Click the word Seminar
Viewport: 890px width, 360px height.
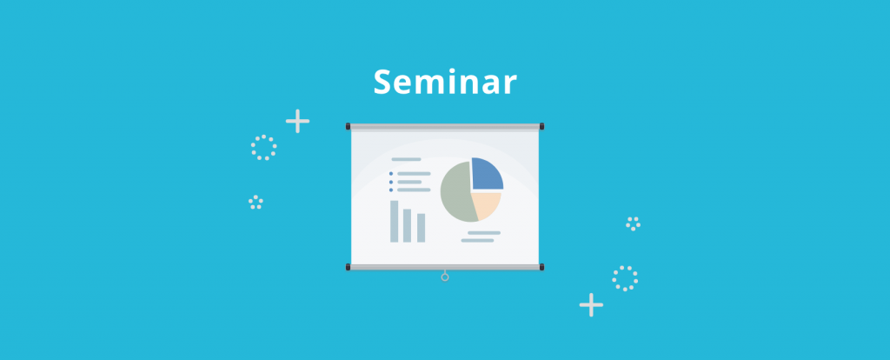(445, 82)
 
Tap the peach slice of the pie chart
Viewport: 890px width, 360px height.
(485, 204)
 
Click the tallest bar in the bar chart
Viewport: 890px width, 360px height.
(394, 222)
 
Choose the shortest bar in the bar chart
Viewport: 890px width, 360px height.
(422, 228)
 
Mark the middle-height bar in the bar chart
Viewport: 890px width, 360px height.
(407, 225)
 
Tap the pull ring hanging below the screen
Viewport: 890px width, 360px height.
(445, 277)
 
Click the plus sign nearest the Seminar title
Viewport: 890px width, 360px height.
(297, 121)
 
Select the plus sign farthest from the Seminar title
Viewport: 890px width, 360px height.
(591, 305)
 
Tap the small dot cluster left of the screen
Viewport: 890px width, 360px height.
(256, 202)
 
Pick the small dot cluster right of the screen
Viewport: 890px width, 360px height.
(634, 223)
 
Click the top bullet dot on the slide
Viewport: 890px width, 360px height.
(391, 174)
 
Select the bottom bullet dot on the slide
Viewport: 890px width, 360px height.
(391, 190)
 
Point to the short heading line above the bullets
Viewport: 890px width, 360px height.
(406, 159)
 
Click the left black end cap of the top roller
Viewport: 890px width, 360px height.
(348, 126)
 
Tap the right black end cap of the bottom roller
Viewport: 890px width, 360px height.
(541, 267)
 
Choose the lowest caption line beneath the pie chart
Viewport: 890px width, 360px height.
(477, 240)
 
